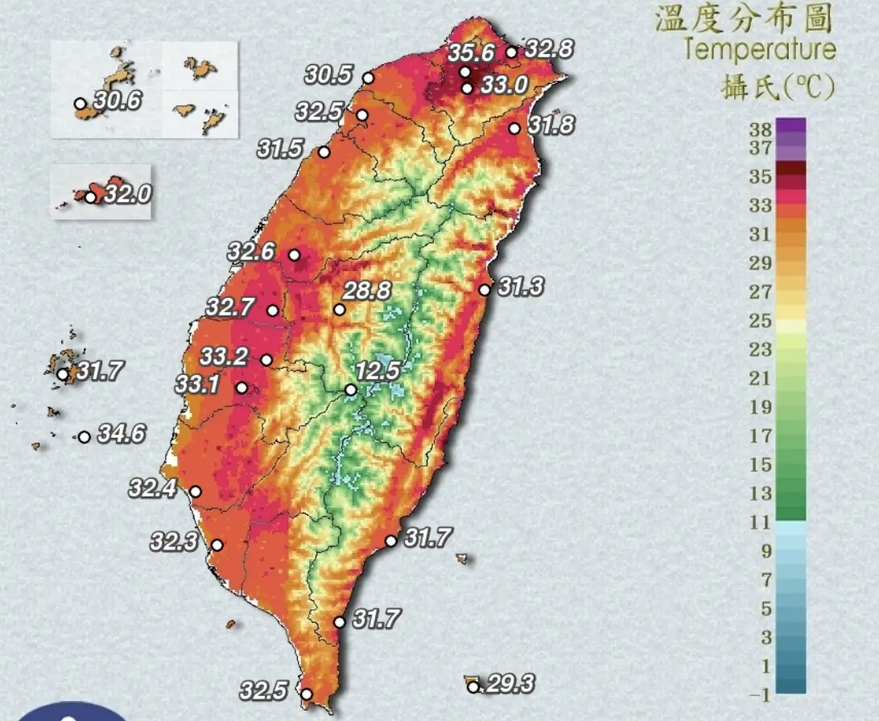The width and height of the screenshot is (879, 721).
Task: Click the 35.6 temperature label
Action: pyautogui.click(x=471, y=54)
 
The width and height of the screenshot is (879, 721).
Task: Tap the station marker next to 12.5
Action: pyautogui.click(x=351, y=390)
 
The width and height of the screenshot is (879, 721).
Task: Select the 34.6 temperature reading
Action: pyautogui.click(x=122, y=435)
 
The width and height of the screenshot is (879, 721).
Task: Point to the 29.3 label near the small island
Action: pyautogui.click(x=510, y=685)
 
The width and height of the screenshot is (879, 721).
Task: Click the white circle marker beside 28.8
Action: pyautogui.click(x=340, y=310)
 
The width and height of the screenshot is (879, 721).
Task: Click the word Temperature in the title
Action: pyautogui.click(x=760, y=50)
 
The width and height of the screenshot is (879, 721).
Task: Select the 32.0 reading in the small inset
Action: pyautogui.click(x=127, y=194)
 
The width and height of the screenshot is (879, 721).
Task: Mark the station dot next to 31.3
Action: pyautogui.click(x=484, y=290)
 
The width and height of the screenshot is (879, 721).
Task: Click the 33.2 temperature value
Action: pyautogui.click(x=224, y=356)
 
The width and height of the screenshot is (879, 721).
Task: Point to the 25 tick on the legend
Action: pyautogui.click(x=761, y=321)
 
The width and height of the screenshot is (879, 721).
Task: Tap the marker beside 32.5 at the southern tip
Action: pyautogui.click(x=306, y=694)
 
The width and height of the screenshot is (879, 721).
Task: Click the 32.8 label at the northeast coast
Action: pyautogui.click(x=550, y=50)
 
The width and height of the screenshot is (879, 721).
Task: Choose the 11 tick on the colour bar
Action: pyautogui.click(x=761, y=522)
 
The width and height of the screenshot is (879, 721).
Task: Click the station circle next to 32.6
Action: pyautogui.click(x=294, y=255)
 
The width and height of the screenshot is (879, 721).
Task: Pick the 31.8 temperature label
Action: pyautogui.click(x=551, y=126)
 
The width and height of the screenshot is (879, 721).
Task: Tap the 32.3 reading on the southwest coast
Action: pyautogui.click(x=174, y=542)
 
